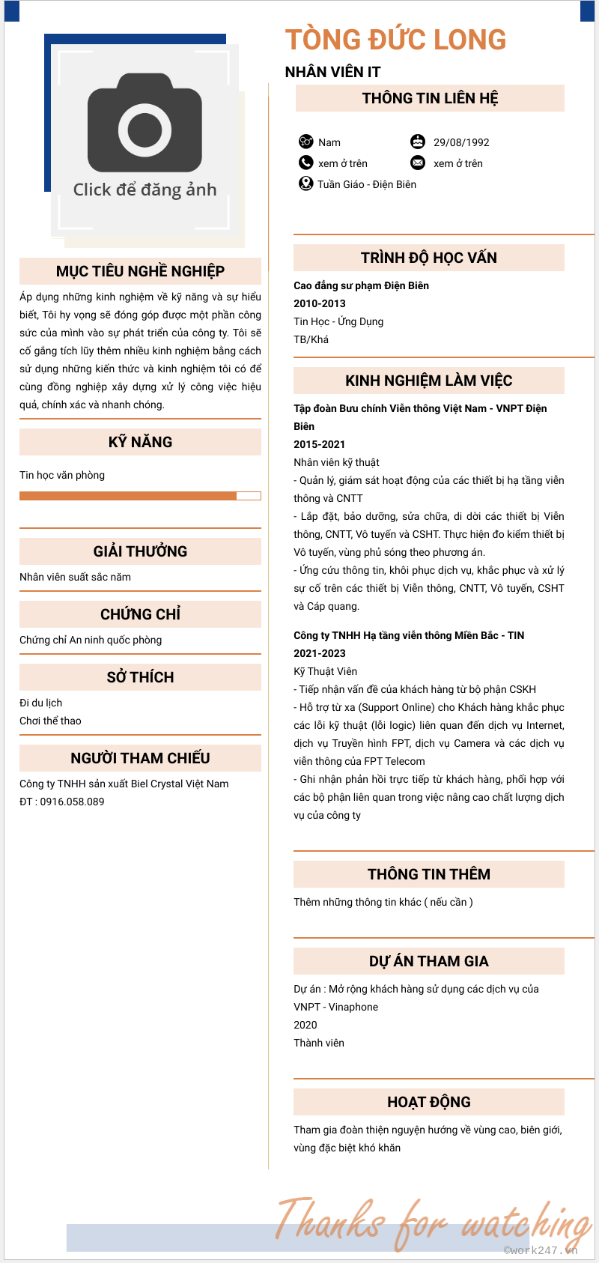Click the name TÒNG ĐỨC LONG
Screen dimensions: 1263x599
point(395,40)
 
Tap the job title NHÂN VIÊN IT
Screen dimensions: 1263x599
point(332,72)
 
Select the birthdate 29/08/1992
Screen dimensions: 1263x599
point(461,142)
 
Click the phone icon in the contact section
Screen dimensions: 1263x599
point(305,163)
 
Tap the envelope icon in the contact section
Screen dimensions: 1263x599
point(418,163)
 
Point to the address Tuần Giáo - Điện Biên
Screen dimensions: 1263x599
point(366,184)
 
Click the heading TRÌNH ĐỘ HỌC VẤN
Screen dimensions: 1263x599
point(428,258)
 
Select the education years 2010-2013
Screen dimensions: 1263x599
point(320,303)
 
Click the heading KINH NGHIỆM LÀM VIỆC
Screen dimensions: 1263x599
point(428,381)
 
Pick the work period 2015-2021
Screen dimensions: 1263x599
point(320,444)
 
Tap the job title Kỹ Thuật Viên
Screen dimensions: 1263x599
point(325,671)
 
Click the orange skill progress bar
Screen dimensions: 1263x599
point(128,496)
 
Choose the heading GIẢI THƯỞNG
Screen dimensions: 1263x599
point(140,551)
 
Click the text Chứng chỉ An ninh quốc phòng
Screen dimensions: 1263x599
point(91,640)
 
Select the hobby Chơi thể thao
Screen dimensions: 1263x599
point(50,721)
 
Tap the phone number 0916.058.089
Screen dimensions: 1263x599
point(72,802)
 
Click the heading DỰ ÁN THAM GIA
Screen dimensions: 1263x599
point(428,961)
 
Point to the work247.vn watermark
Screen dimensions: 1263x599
point(541,1250)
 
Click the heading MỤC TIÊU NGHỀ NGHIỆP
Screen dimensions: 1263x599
point(140,271)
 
